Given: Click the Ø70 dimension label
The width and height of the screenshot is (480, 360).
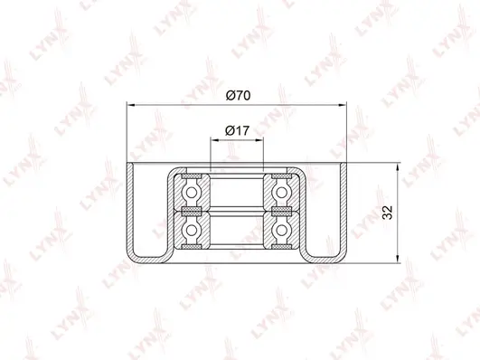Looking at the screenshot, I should [x=236, y=94].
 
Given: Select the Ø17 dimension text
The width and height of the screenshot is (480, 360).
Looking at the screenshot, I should [x=236, y=130].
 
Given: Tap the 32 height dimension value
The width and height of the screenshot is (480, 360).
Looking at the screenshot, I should [x=386, y=213].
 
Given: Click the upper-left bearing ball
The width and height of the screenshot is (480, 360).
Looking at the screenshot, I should [x=191, y=192].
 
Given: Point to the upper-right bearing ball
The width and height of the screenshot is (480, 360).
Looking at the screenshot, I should [x=282, y=192].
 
